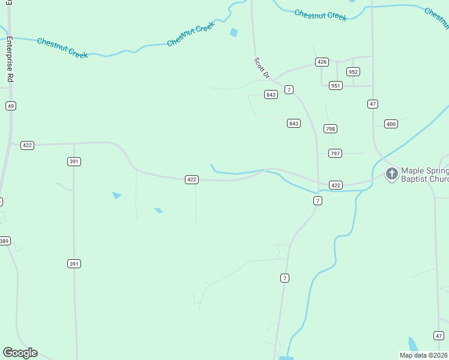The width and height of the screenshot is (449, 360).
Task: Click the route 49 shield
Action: tap(11, 106)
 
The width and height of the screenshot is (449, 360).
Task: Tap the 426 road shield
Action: tap(322, 62)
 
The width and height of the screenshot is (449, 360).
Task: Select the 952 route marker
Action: tap(353, 72)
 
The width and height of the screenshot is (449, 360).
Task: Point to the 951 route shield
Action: tap(336, 85)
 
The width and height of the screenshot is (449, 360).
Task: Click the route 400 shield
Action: tap(391, 124)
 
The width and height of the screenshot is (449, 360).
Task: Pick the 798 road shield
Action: tap(330, 129)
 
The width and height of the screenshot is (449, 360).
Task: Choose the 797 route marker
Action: tap(335, 154)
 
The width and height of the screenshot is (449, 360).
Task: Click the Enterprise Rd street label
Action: tap(10, 60)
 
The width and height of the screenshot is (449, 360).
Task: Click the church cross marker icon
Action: tap(391, 174)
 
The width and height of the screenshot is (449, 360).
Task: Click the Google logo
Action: tap(20, 353)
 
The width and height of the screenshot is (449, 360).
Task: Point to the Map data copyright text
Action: tap(424, 355)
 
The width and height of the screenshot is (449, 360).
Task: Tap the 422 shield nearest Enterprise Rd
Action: tap(27, 145)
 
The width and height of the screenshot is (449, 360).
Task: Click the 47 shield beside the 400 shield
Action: tap(373, 104)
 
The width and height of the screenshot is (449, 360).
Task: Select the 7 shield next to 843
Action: tap(289, 90)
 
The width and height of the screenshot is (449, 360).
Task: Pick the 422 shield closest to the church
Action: tap(336, 185)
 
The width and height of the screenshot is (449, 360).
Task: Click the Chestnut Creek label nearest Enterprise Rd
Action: tap(62, 48)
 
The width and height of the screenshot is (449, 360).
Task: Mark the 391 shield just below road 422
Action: tap(74, 161)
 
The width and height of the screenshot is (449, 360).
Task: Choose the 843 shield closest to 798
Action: tap(294, 124)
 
